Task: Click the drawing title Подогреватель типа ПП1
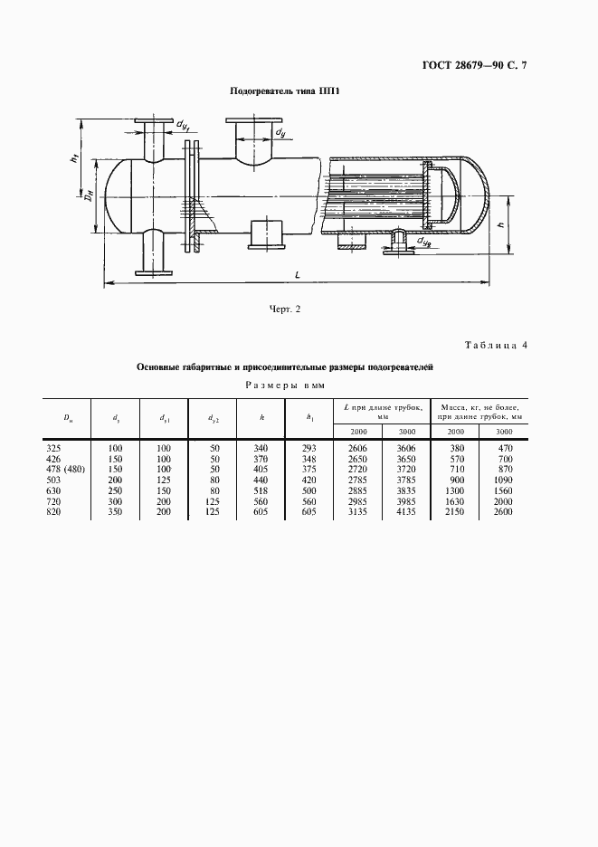click(285, 92)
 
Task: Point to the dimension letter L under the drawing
click(299, 273)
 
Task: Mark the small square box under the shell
click(264, 234)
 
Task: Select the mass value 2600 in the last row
click(500, 513)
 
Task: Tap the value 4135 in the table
click(403, 513)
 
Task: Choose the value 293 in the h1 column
click(310, 447)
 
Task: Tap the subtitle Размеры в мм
click(284, 385)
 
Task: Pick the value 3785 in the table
click(403, 481)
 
